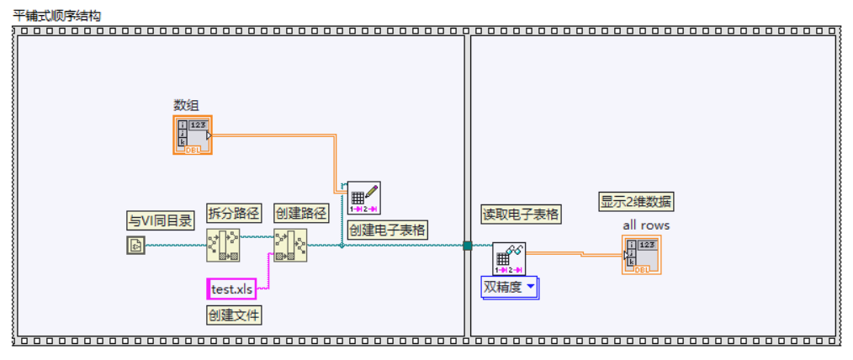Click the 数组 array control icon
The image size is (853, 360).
193,135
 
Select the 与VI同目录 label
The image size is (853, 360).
160,221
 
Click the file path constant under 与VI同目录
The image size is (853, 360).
136,246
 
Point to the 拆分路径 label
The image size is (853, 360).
232,214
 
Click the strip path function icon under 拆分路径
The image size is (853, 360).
223,246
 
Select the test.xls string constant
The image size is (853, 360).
231,289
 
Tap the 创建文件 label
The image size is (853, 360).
234,315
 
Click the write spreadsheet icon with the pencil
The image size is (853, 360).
364,198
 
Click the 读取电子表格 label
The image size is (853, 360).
521,214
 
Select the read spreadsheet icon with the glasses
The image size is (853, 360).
509,258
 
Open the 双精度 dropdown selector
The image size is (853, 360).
510,288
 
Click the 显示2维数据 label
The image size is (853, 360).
637,202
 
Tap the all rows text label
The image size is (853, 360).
646,225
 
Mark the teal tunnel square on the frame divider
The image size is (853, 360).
467,246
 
